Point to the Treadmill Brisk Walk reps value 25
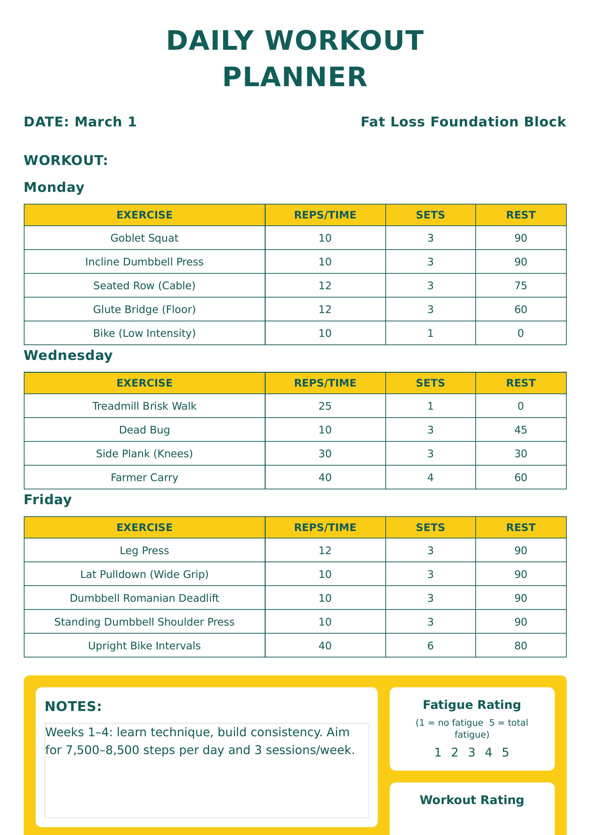325,406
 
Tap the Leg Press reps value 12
325,551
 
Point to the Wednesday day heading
68,355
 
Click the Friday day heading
48,500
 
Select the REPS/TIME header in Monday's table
325,215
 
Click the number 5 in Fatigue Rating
505,752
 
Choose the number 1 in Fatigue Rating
438,752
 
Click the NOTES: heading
73,706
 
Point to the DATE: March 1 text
80,122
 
